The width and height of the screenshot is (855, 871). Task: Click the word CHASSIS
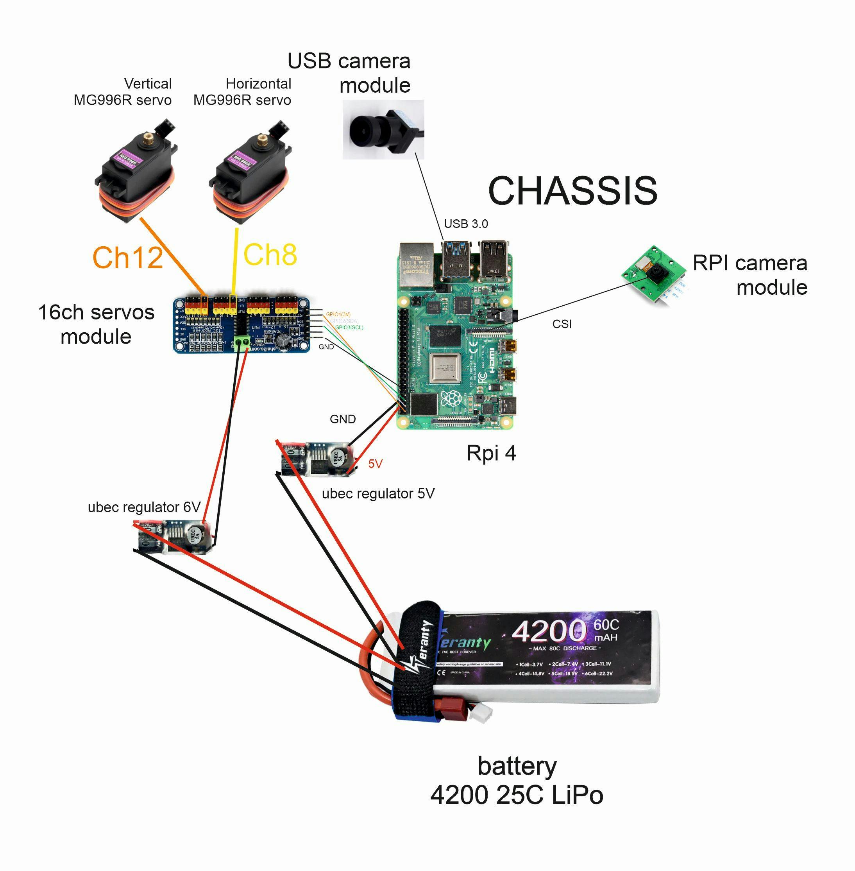[x=572, y=190]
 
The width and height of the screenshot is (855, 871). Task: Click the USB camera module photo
[x=383, y=129]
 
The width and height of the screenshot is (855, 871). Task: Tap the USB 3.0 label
[x=466, y=224]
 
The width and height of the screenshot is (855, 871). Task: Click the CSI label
[x=562, y=324]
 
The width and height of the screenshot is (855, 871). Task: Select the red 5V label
[x=375, y=464]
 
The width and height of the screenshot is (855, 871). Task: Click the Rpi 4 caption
[x=491, y=453]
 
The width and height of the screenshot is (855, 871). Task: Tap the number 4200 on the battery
[x=549, y=631]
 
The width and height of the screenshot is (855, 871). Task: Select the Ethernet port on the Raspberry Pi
[x=416, y=265]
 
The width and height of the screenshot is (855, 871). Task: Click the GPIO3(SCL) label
[x=349, y=328]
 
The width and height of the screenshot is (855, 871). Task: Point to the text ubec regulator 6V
[x=144, y=507]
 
